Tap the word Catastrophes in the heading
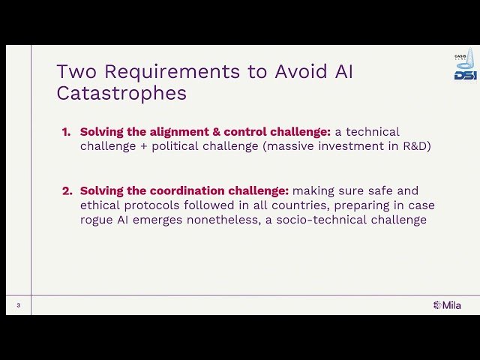[121, 93]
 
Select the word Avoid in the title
[276, 72]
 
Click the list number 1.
[66, 132]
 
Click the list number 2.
[66, 190]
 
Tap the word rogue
[95, 220]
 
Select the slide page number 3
[18, 305]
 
